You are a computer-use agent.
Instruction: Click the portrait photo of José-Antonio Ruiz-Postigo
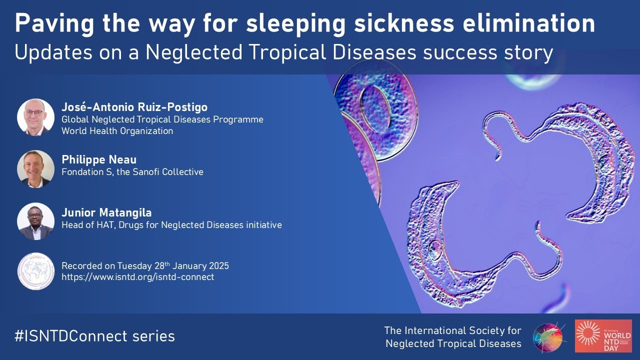click(x=35, y=117)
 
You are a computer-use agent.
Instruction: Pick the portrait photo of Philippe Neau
click(x=35, y=168)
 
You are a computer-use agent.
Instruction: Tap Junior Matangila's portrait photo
click(x=35, y=221)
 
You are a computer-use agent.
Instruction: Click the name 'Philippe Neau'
click(x=98, y=159)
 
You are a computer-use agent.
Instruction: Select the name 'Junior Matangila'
click(x=107, y=212)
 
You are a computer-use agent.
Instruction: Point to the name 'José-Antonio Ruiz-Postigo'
click(x=134, y=107)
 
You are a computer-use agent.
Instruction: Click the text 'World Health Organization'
click(x=117, y=131)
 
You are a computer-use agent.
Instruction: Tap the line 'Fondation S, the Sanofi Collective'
click(x=132, y=172)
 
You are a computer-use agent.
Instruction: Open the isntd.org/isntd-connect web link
click(x=137, y=276)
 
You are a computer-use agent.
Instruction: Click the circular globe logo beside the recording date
click(x=35, y=271)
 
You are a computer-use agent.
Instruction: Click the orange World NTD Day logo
click(x=602, y=336)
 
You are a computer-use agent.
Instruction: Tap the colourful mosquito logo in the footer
click(x=548, y=337)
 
